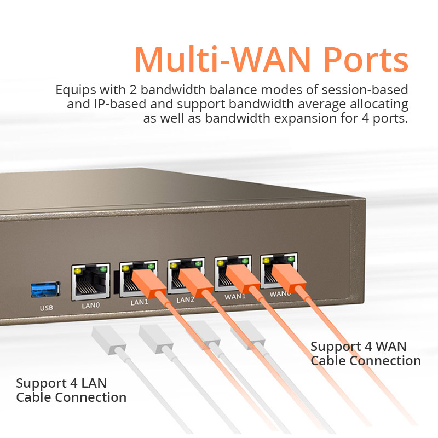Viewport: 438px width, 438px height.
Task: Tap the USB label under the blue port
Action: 47,308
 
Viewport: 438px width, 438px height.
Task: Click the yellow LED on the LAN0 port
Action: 78,270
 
